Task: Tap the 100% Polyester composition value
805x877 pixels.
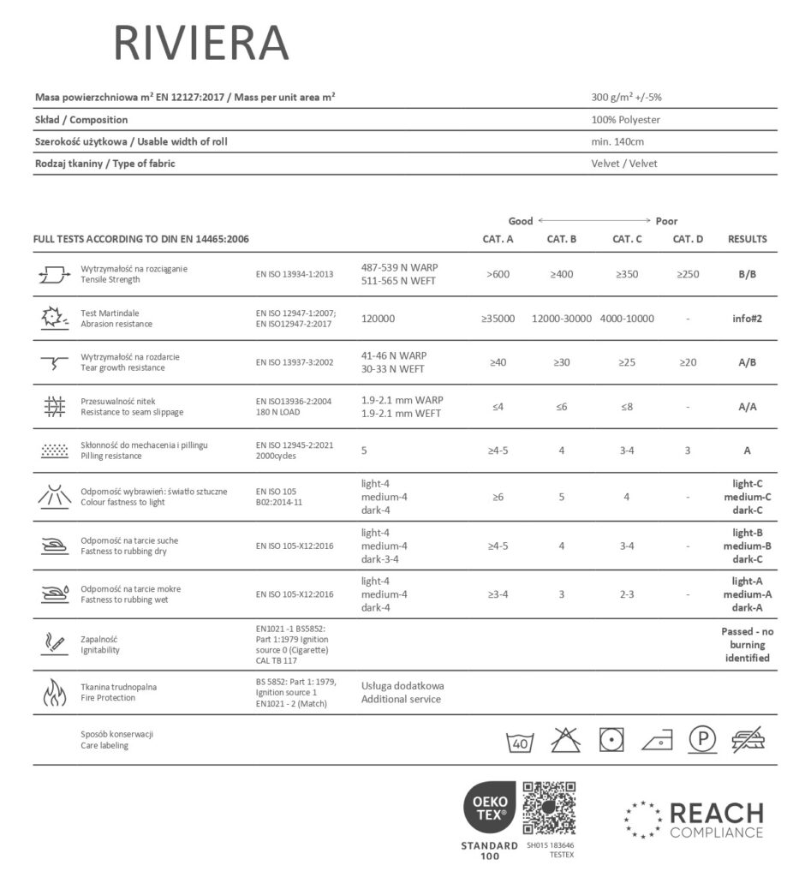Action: [625, 120]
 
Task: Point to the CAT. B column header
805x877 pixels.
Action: [562, 239]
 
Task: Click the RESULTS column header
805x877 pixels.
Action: [747, 239]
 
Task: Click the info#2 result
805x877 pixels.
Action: [747, 319]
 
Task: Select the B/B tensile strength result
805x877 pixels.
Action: [747, 275]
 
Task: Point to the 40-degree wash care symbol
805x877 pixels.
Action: [520, 740]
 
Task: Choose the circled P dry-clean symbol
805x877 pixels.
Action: [703, 740]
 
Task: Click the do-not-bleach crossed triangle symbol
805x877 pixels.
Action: [565, 740]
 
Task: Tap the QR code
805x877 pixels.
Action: [549, 807]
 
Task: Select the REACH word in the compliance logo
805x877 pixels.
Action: [716, 813]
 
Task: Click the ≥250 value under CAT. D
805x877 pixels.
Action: [688, 275]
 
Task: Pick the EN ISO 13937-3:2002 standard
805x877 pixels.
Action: [294, 362]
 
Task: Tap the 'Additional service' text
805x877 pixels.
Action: [401, 699]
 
